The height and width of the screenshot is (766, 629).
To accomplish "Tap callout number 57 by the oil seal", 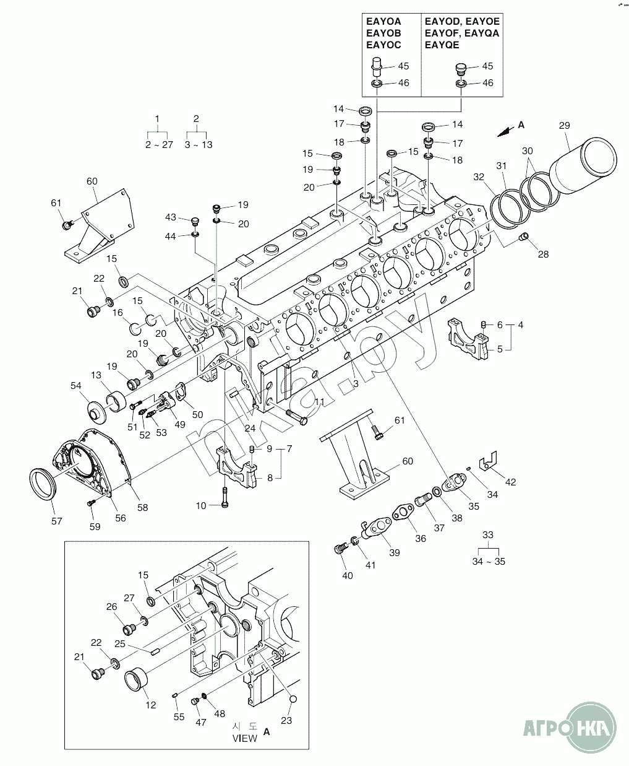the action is point(56,521).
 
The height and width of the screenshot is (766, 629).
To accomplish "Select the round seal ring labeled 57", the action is point(43,484).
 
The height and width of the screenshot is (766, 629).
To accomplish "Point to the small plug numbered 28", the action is point(524,237).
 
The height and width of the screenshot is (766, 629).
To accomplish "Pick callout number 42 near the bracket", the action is point(510,482).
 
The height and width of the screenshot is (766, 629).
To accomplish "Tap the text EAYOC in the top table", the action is point(383,45).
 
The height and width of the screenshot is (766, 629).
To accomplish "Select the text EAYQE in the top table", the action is point(442,45).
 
